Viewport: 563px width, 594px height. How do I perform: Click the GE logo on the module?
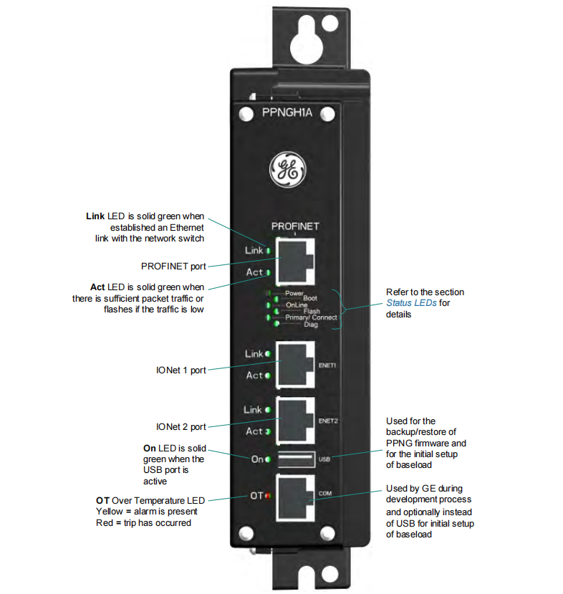pyautogui.click(x=286, y=171)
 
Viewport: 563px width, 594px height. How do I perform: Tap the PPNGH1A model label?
pyautogui.click(x=286, y=112)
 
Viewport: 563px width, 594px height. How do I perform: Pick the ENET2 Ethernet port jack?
pyautogui.click(x=294, y=420)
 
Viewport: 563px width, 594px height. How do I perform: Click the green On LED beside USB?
pyautogui.click(x=267, y=459)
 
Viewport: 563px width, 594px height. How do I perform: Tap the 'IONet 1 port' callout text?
pyautogui.click(x=181, y=370)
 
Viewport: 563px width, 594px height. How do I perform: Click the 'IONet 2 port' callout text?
pyautogui.click(x=181, y=426)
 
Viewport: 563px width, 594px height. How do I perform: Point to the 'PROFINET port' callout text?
pyautogui.click(x=173, y=266)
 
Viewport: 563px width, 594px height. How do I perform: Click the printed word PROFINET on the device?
pyautogui.click(x=295, y=226)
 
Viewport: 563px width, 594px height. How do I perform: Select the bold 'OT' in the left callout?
pyautogui.click(x=102, y=499)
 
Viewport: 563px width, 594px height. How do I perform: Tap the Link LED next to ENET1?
pyautogui.click(x=268, y=354)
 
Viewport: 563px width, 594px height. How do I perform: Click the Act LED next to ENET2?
pyautogui.click(x=268, y=431)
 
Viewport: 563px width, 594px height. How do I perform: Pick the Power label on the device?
pyautogui.click(x=294, y=293)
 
